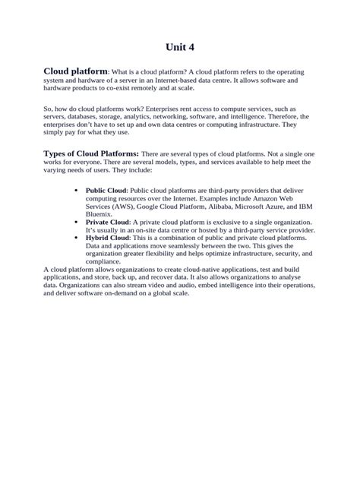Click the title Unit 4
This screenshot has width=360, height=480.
(x=180, y=47)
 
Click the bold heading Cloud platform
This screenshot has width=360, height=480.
(x=76, y=71)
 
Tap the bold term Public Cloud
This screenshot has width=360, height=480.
(x=106, y=191)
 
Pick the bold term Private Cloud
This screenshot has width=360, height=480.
(x=107, y=221)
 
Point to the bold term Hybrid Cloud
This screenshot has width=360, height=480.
(x=107, y=237)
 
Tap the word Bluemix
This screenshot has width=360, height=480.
(x=99, y=213)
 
